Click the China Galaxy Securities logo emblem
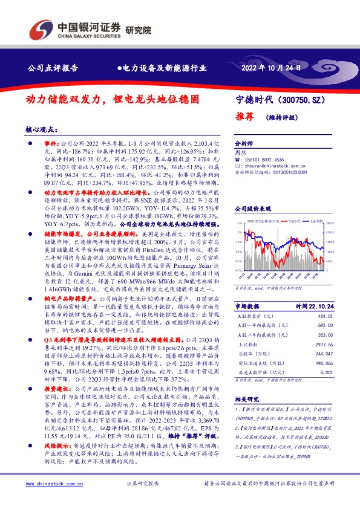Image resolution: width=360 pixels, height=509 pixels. (41, 28)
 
